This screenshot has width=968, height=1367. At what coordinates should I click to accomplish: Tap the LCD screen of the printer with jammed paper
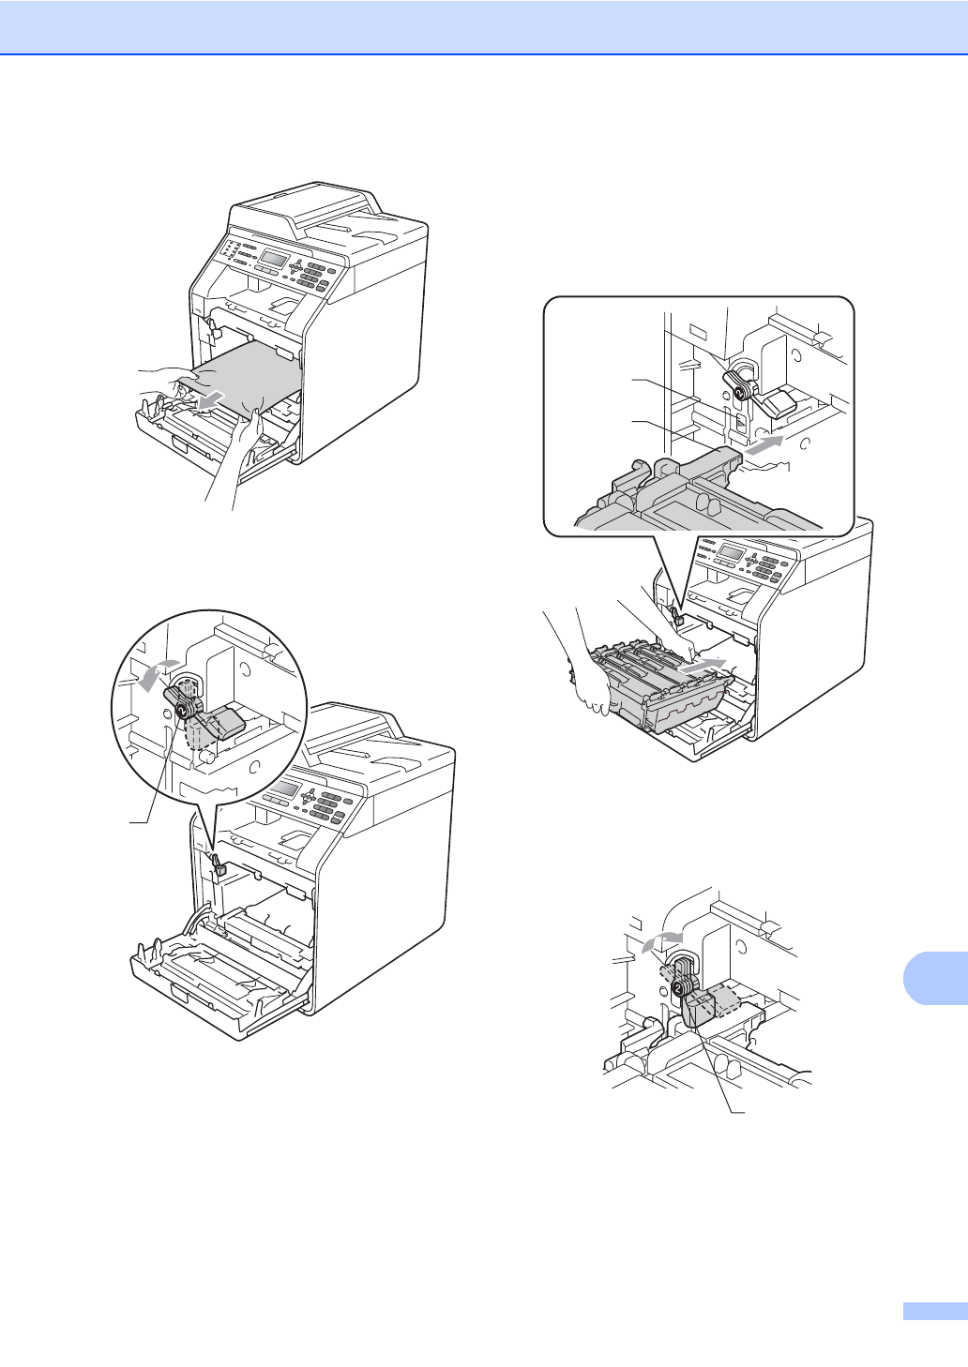(273, 258)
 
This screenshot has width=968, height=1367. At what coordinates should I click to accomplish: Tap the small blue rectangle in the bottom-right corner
(934, 1311)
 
